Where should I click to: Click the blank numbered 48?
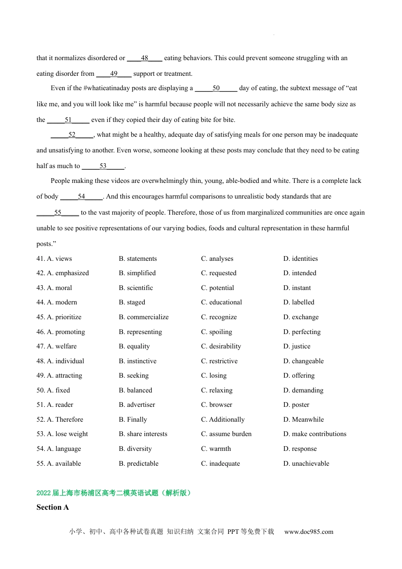click(x=145, y=58)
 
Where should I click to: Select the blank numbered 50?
click(x=216, y=88)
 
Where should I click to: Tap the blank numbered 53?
click(x=103, y=166)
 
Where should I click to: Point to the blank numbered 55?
click(x=58, y=213)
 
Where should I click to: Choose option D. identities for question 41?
click(x=300, y=259)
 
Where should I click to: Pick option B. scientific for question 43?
click(x=136, y=288)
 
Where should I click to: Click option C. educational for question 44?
click(x=221, y=302)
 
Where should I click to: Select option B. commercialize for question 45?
click(x=143, y=317)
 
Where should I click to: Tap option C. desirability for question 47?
click(x=221, y=346)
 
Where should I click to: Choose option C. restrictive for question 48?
click(x=219, y=361)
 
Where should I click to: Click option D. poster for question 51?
click(x=296, y=405)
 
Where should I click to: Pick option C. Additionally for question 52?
click(x=223, y=420)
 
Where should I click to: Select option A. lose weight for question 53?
click(x=62, y=434)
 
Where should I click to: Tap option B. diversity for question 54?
click(x=135, y=449)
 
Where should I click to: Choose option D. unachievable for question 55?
click(x=306, y=464)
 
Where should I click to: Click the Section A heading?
click(x=52, y=507)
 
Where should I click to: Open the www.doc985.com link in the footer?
click(x=308, y=532)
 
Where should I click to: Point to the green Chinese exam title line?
click(x=113, y=493)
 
